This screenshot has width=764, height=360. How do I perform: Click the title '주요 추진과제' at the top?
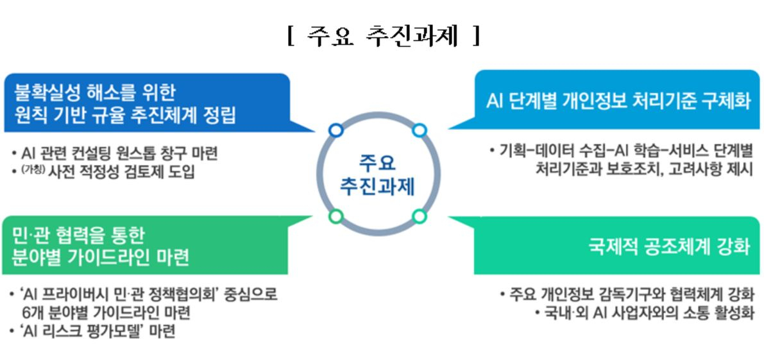coord(383,36)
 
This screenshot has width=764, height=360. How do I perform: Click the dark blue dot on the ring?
coord(335,130)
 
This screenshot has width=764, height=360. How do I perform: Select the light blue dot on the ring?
coord(419,130)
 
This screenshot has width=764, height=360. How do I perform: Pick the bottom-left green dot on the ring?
coord(335,216)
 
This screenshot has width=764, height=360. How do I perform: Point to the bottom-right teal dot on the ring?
coord(419,216)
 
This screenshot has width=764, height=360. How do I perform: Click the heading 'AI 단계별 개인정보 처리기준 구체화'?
coord(618,101)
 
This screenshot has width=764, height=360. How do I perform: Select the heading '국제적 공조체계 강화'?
coord(670,246)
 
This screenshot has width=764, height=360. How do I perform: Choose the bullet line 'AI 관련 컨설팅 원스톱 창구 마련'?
coord(119,153)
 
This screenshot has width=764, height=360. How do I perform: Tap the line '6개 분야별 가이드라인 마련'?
coord(106,313)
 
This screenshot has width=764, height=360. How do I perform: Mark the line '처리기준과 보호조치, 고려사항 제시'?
coord(644,169)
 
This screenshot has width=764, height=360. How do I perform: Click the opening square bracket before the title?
coord(291,36)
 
